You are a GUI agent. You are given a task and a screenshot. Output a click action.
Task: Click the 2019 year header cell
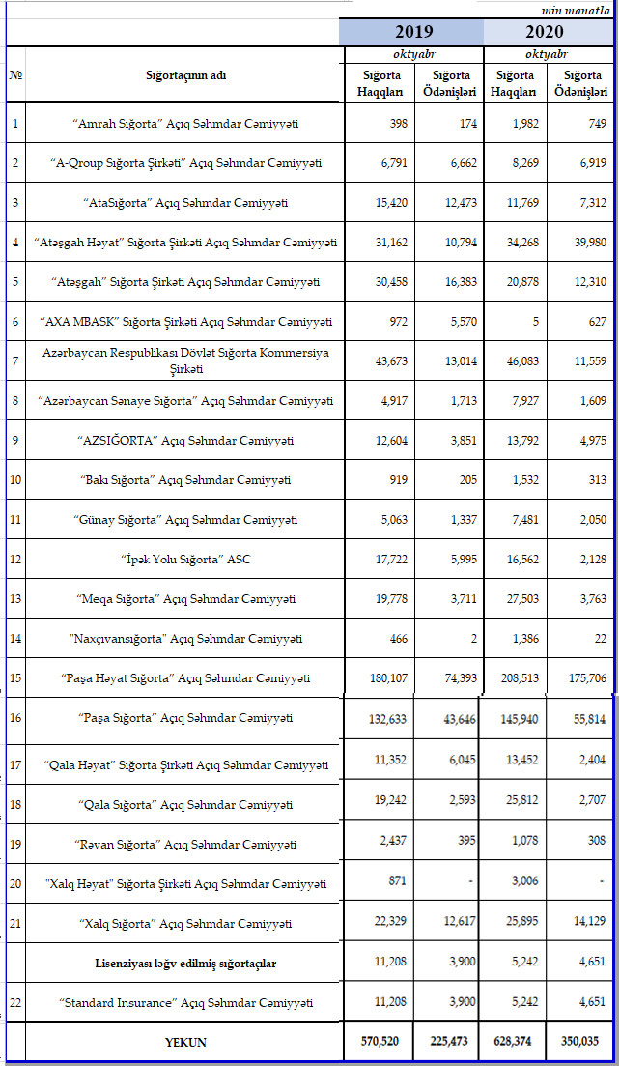[412, 32]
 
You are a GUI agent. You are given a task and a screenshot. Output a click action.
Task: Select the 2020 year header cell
[548, 32]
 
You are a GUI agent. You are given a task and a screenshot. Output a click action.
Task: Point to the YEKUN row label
[184, 1043]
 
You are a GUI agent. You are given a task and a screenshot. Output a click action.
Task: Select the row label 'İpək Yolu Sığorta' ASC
[185, 559]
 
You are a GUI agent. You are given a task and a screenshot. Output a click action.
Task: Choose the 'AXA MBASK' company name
[185, 321]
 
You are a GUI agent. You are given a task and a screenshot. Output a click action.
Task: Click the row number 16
[15, 719]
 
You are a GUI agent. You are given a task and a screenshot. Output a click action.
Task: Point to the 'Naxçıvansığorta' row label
[185, 638]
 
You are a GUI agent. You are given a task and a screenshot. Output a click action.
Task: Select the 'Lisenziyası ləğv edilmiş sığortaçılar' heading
[185, 964]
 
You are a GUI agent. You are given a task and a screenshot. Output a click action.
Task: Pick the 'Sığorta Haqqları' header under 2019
[380, 83]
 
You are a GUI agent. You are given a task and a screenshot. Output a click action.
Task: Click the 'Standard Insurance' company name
[185, 1002]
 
